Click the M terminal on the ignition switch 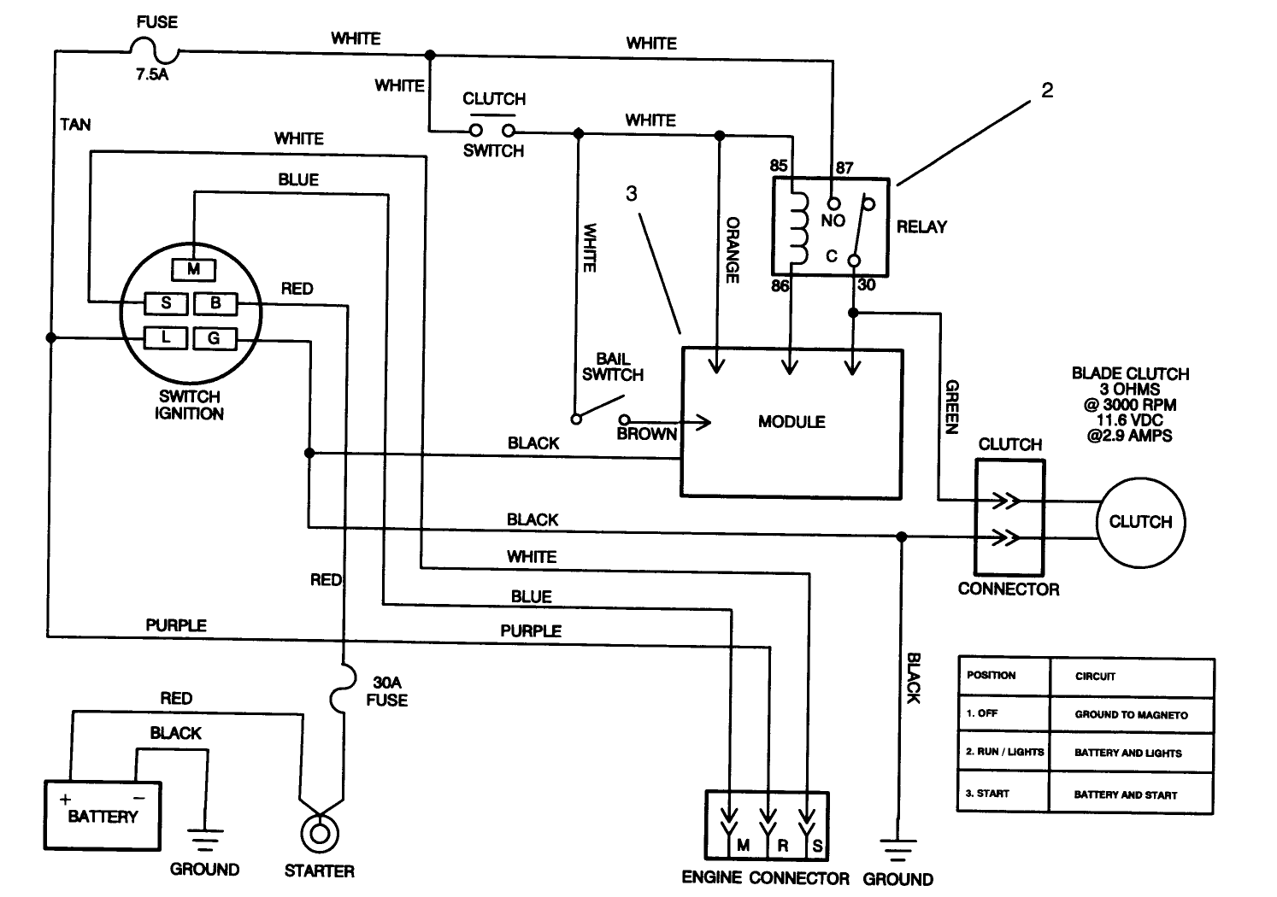(194, 270)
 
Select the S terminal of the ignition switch (166, 302)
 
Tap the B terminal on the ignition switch (215, 302)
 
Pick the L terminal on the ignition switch (166, 337)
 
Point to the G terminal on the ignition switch (214, 338)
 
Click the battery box (102, 815)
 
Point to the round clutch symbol (1140, 522)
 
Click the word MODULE (792, 422)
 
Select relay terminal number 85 (779, 166)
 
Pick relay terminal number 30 (867, 285)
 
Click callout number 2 (1047, 90)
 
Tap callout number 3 (631, 194)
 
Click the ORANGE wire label (733, 249)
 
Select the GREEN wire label (951, 407)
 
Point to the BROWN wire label (646, 434)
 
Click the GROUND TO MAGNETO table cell (1131, 714)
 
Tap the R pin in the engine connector (781, 845)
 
